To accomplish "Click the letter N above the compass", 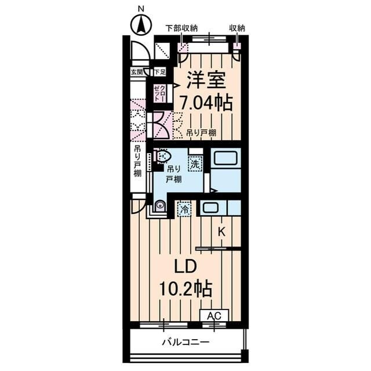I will [x=140, y=8].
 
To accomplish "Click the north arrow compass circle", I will [x=140, y=26].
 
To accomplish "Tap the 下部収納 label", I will [x=181, y=27].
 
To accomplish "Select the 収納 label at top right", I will [x=237, y=27].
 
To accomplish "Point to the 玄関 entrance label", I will [x=136, y=72].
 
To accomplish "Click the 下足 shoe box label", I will [x=159, y=72].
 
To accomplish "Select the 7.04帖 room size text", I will [x=205, y=103].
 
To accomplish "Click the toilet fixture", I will [x=164, y=157].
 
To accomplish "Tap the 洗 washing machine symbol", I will [x=197, y=164].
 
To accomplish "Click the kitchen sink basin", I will [x=210, y=208].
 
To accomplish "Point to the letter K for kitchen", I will [x=221, y=231].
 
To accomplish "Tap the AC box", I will [x=214, y=315].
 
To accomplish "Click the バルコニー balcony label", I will [x=185, y=343].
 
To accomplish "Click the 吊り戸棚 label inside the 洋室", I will [x=201, y=133].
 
